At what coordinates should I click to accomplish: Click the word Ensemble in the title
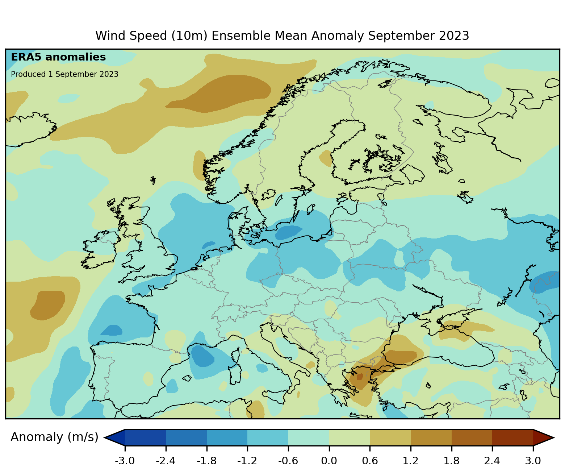pyautogui.click(x=241, y=36)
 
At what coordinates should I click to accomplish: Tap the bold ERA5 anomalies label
pyautogui.click(x=58, y=57)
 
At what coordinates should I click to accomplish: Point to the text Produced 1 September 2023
pyautogui.click(x=64, y=74)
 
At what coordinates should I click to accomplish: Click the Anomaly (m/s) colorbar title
pyautogui.click(x=54, y=437)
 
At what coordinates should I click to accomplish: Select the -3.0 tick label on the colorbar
pyautogui.click(x=125, y=461)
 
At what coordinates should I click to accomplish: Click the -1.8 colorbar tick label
pyautogui.click(x=206, y=461)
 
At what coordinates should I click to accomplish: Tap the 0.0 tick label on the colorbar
pyautogui.click(x=329, y=461)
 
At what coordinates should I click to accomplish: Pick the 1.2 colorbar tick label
pyautogui.click(x=411, y=461)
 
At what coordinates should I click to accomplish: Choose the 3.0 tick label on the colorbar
pyautogui.click(x=533, y=461)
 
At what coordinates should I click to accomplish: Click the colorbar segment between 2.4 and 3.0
pyautogui.click(x=512, y=437)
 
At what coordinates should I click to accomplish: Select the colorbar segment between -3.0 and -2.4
pyautogui.click(x=145, y=437)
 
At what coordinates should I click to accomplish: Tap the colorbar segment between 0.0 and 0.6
pyautogui.click(x=349, y=437)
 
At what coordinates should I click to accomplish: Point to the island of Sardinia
pyautogui.click(x=236, y=373)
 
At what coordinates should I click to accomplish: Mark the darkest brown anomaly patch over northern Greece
pyautogui.click(x=360, y=377)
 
